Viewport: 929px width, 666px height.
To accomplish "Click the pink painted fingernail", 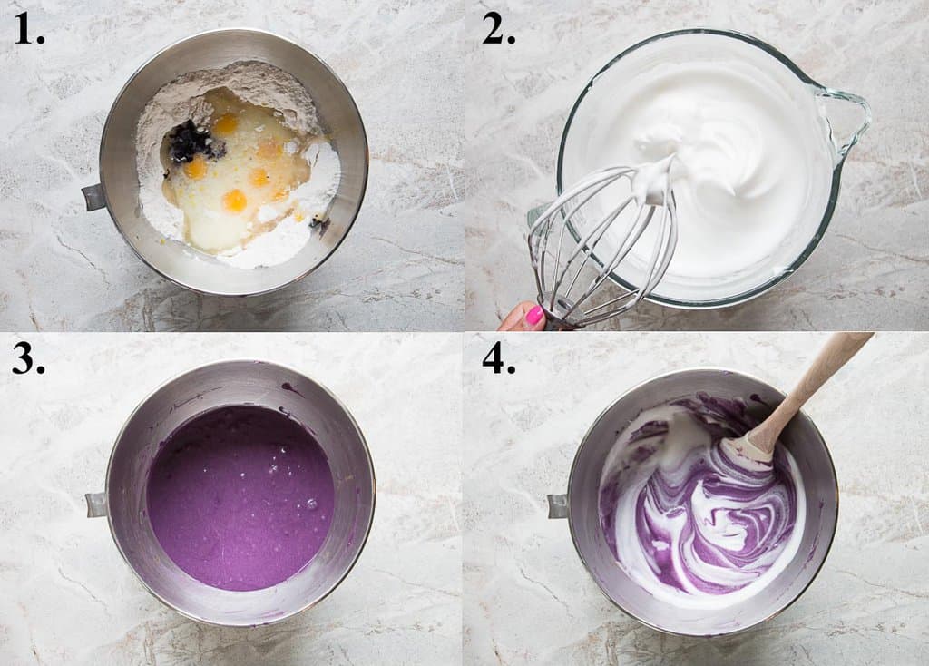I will coord(534,316).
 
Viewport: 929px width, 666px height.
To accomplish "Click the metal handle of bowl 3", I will coord(96,504).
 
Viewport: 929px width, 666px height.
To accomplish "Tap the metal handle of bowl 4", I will coord(557,505).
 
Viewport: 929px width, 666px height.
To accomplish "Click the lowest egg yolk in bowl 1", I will coord(235,200).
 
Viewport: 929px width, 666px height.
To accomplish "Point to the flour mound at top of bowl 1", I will coord(236,77).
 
